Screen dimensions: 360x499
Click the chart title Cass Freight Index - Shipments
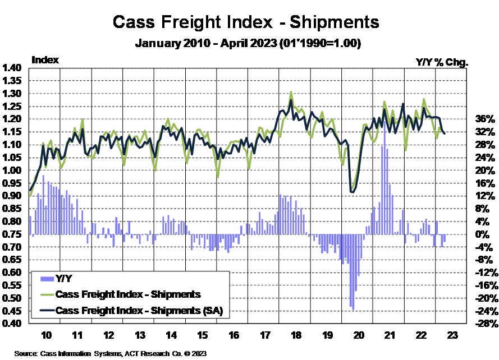[x=246, y=22]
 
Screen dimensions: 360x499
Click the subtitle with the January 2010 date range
[x=248, y=43]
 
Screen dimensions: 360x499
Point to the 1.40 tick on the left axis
[x=13, y=68]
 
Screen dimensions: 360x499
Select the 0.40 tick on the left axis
[x=13, y=324]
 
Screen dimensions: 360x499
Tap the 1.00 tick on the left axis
[x=13, y=170]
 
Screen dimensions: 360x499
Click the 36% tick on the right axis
[x=484, y=119]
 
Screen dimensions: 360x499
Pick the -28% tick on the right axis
[x=484, y=324]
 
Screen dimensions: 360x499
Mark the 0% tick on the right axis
[x=484, y=234]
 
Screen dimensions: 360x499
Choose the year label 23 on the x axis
[x=452, y=335]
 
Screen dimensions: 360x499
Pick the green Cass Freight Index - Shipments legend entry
[x=129, y=294]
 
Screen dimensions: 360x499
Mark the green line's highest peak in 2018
[x=291, y=92]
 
